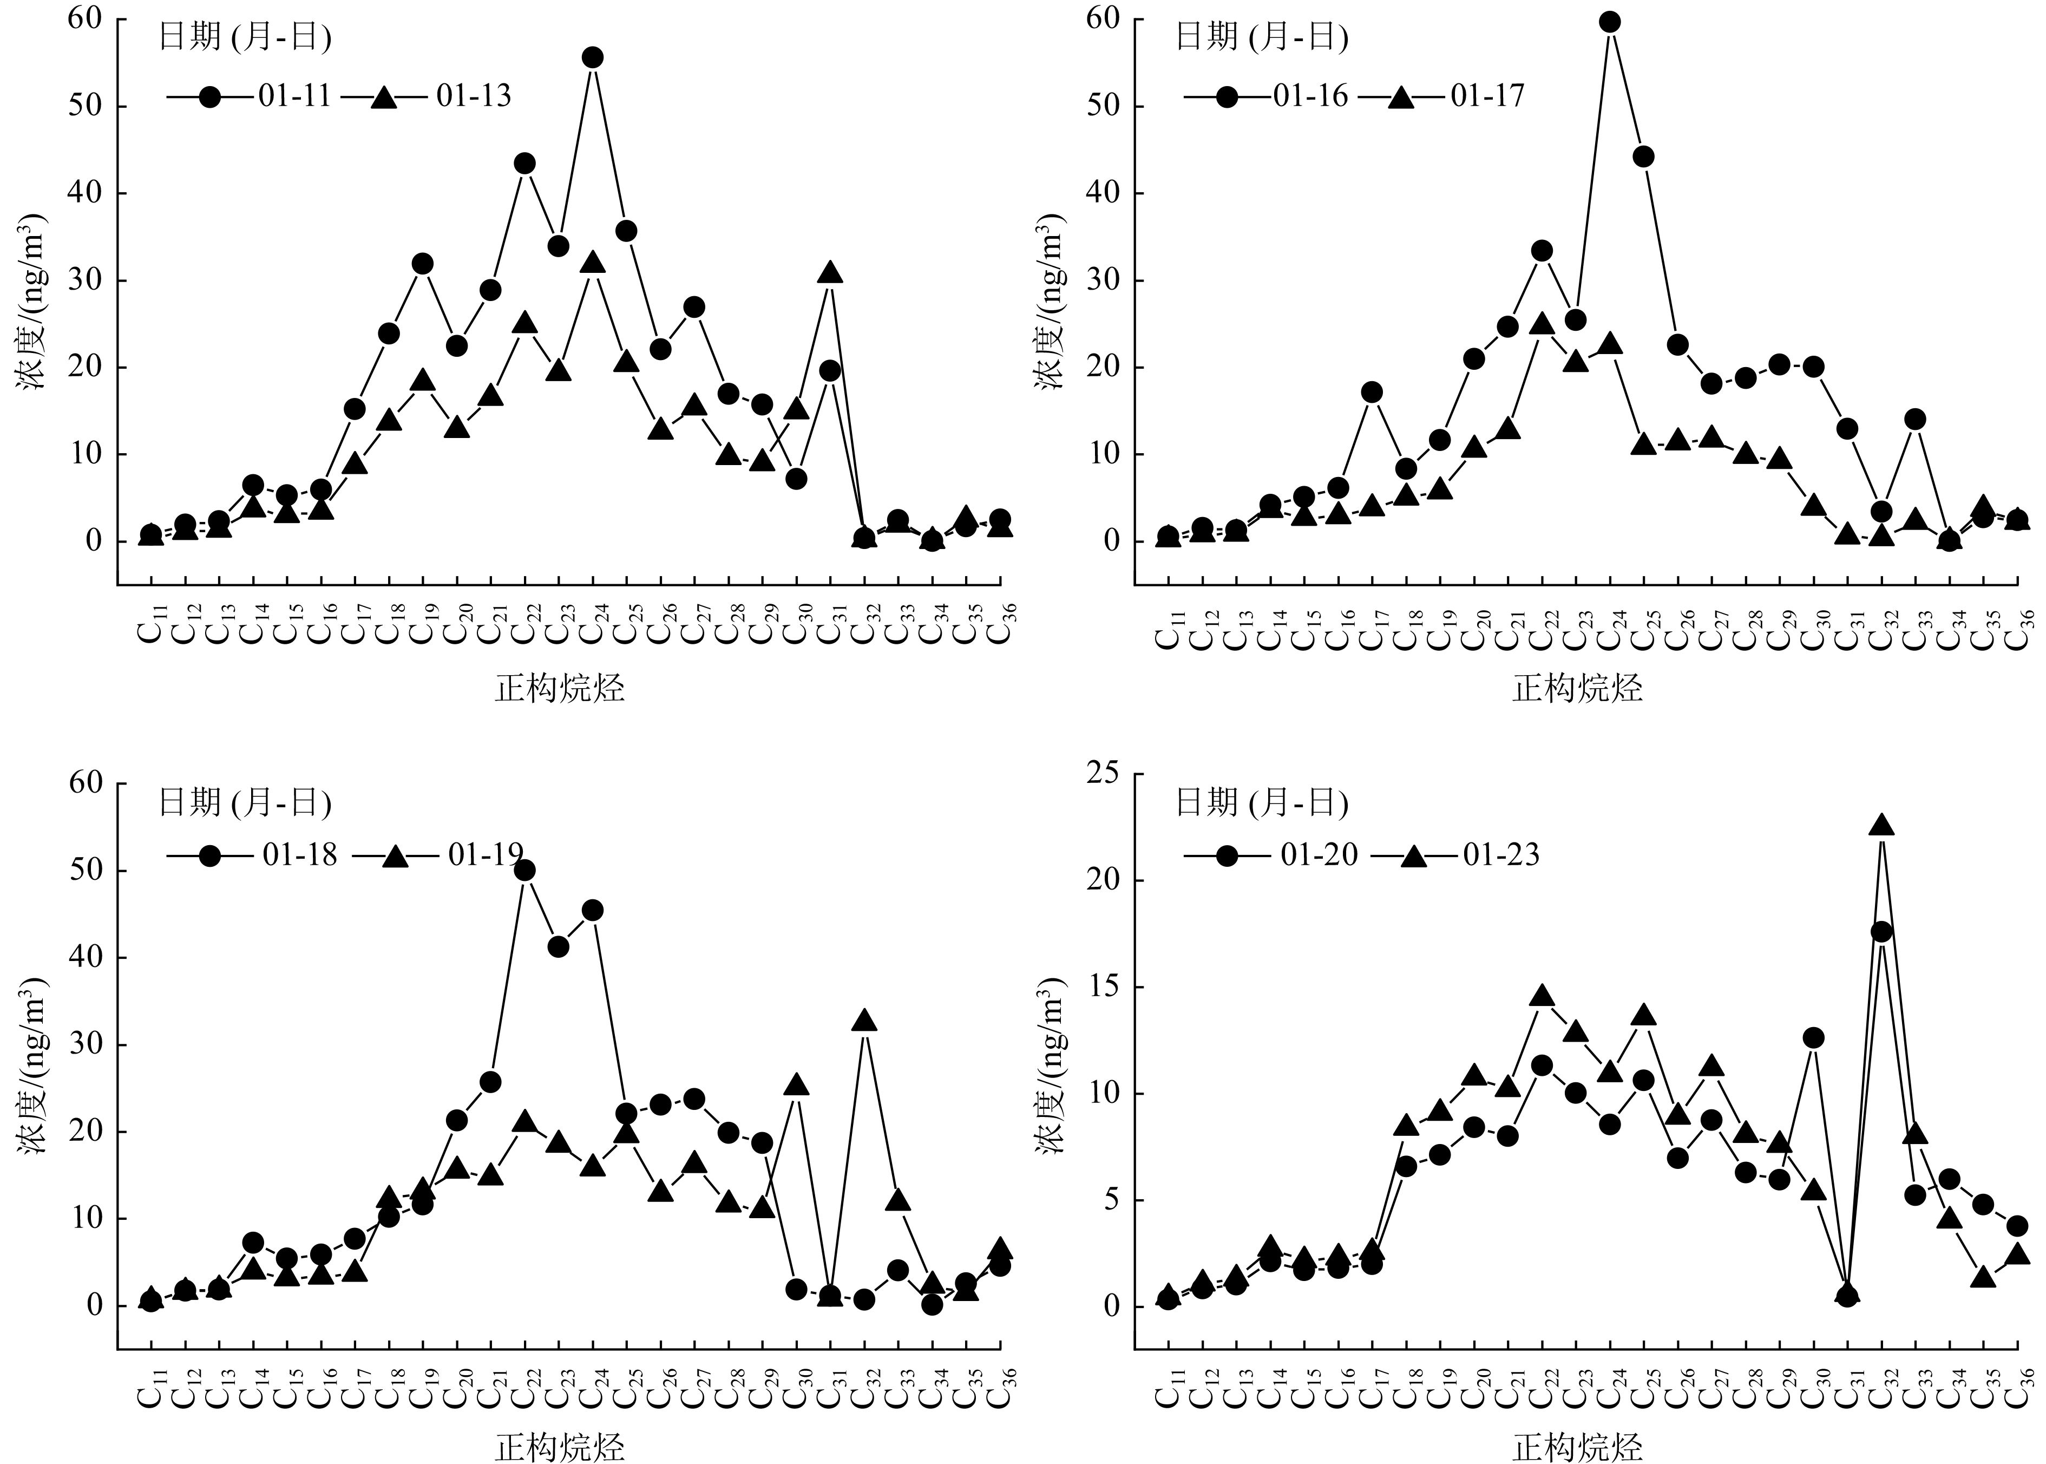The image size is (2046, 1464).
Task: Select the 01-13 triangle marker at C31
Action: coord(830,273)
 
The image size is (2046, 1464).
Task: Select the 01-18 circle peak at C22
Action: coord(524,870)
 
